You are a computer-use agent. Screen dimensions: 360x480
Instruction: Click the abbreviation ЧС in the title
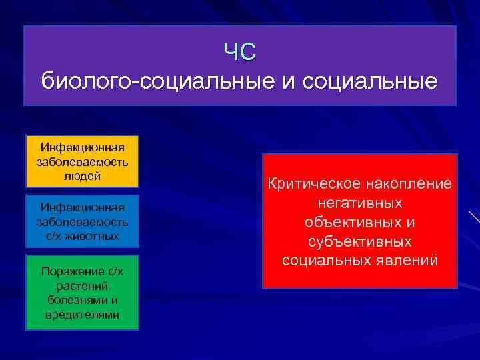[240, 51]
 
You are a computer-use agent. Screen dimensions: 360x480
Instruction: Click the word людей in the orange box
[82, 176]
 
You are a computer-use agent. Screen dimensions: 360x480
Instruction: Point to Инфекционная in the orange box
[82, 147]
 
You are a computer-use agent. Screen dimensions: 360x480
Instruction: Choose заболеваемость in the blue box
[82, 221]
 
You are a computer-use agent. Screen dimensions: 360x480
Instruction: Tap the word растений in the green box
[82, 285]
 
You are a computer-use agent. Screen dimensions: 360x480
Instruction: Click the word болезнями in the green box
[82, 300]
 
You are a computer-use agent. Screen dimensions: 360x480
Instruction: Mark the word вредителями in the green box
[82, 315]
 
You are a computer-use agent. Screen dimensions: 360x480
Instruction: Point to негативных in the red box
[360, 202]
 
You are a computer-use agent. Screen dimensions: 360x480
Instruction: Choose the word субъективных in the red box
[360, 241]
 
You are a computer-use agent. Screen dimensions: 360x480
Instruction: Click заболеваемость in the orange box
[82, 161]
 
